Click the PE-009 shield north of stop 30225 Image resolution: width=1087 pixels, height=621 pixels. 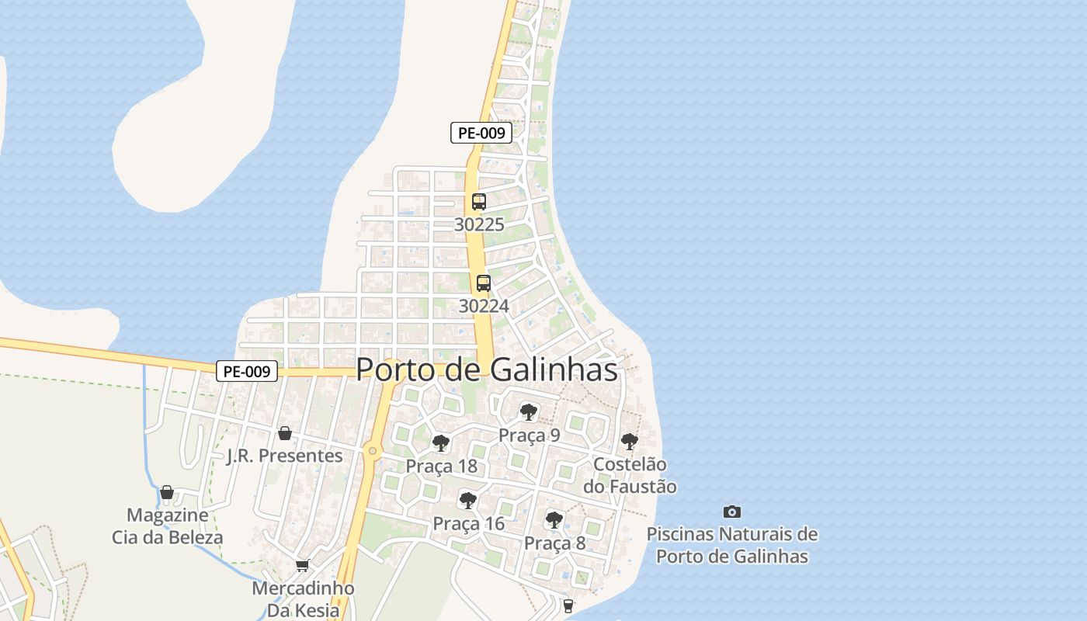481,133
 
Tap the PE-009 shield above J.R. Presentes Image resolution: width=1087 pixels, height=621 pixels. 247,372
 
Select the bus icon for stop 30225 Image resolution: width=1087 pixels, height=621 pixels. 479,202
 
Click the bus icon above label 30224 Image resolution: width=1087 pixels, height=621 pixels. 484,283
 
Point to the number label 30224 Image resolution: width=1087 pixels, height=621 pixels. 484,306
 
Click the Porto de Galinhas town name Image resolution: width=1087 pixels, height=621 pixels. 487,370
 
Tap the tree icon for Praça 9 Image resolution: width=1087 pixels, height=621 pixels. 529,411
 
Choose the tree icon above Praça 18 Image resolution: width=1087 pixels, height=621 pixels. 441,443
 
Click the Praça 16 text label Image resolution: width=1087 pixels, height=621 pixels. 468,523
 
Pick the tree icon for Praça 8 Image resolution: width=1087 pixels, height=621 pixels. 554,519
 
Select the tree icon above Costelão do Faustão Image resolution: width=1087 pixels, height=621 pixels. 630,442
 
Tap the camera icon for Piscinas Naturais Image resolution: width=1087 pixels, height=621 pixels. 731,512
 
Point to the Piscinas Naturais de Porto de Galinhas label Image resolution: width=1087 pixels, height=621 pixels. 732,545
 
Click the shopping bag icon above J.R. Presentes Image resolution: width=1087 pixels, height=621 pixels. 285,433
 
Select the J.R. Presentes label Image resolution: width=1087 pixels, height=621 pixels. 284,456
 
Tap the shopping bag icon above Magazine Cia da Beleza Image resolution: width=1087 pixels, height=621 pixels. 167,492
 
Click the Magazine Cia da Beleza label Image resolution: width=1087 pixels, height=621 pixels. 167,526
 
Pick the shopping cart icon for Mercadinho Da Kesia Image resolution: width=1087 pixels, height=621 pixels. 303,566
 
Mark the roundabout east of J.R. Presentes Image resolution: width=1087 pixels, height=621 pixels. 373,450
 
